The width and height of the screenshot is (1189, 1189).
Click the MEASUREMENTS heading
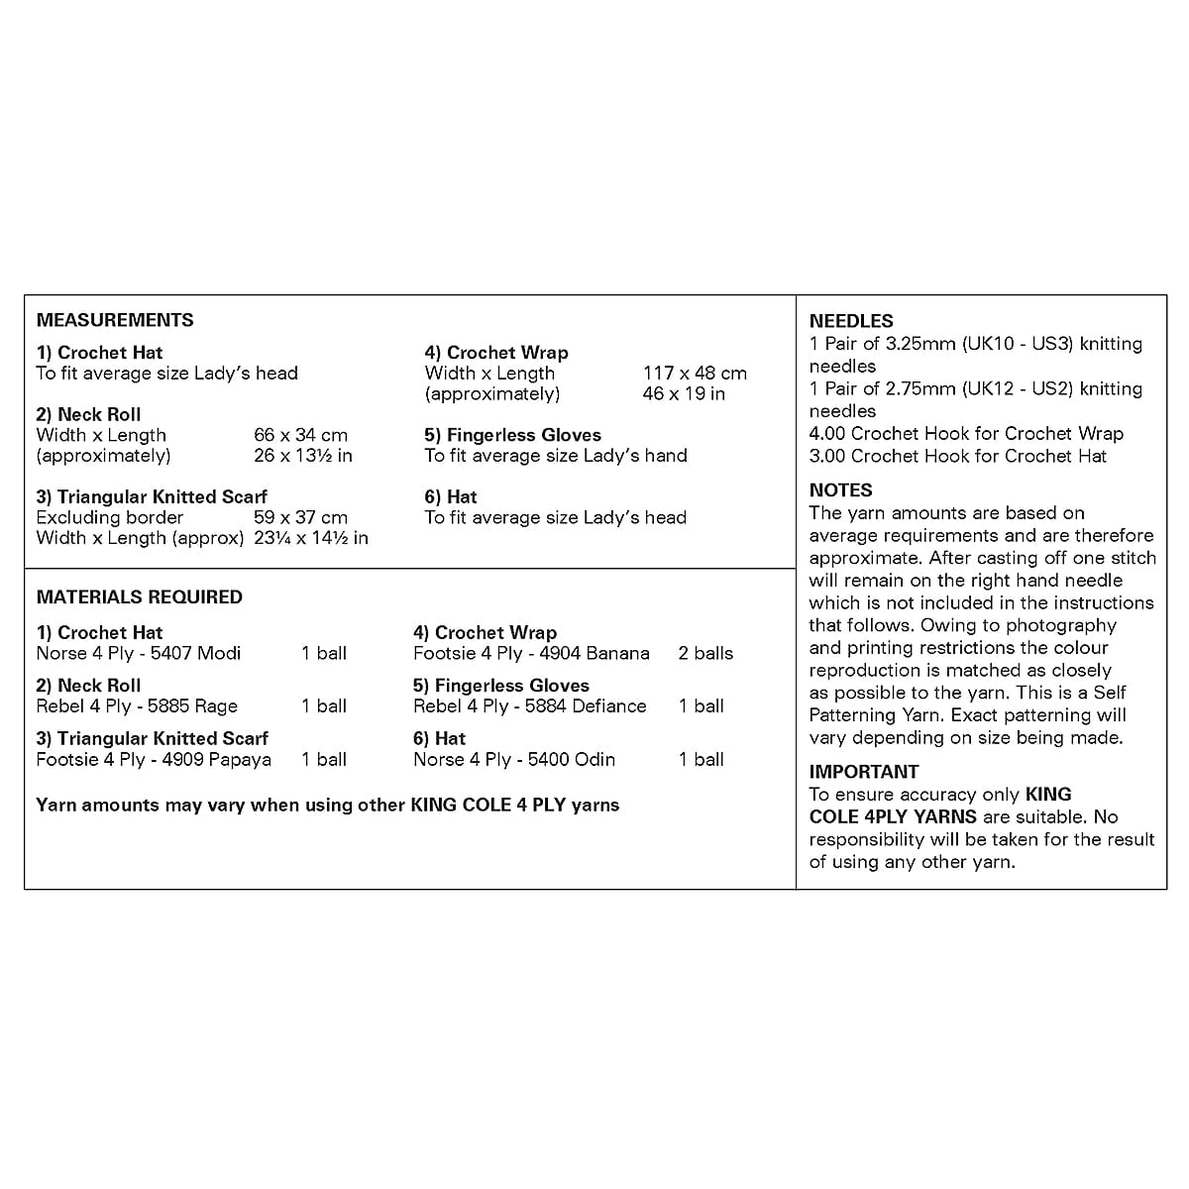[x=115, y=320]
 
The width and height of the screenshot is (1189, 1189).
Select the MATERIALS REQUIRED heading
[x=139, y=596]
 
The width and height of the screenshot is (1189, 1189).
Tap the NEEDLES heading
[x=851, y=321]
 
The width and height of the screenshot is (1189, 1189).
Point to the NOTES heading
[x=840, y=489]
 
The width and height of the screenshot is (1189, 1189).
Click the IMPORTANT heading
[x=864, y=771]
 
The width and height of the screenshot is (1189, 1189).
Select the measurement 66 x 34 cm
[x=300, y=435]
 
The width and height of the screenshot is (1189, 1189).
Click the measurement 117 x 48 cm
[x=695, y=374]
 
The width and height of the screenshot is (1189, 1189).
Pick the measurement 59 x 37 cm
[x=300, y=517]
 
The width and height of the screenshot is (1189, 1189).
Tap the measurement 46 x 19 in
[x=684, y=394]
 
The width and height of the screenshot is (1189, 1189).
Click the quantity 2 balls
[x=705, y=653]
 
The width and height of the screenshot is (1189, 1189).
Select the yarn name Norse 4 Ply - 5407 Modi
[x=139, y=653]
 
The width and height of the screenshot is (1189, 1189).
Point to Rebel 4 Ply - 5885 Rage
[x=137, y=706]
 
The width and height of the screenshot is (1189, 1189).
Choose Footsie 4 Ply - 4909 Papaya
[x=154, y=760]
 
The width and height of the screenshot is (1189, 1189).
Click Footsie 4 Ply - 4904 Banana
[x=531, y=653]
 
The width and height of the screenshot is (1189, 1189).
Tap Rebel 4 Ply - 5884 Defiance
[x=529, y=706]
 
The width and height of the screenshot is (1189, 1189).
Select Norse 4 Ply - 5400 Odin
[x=514, y=760]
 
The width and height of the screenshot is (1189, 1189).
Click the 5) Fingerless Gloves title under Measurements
[x=512, y=435]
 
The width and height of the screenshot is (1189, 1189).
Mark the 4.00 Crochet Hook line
[x=966, y=433]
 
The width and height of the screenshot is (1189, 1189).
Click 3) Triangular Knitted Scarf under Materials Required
[x=153, y=738]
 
